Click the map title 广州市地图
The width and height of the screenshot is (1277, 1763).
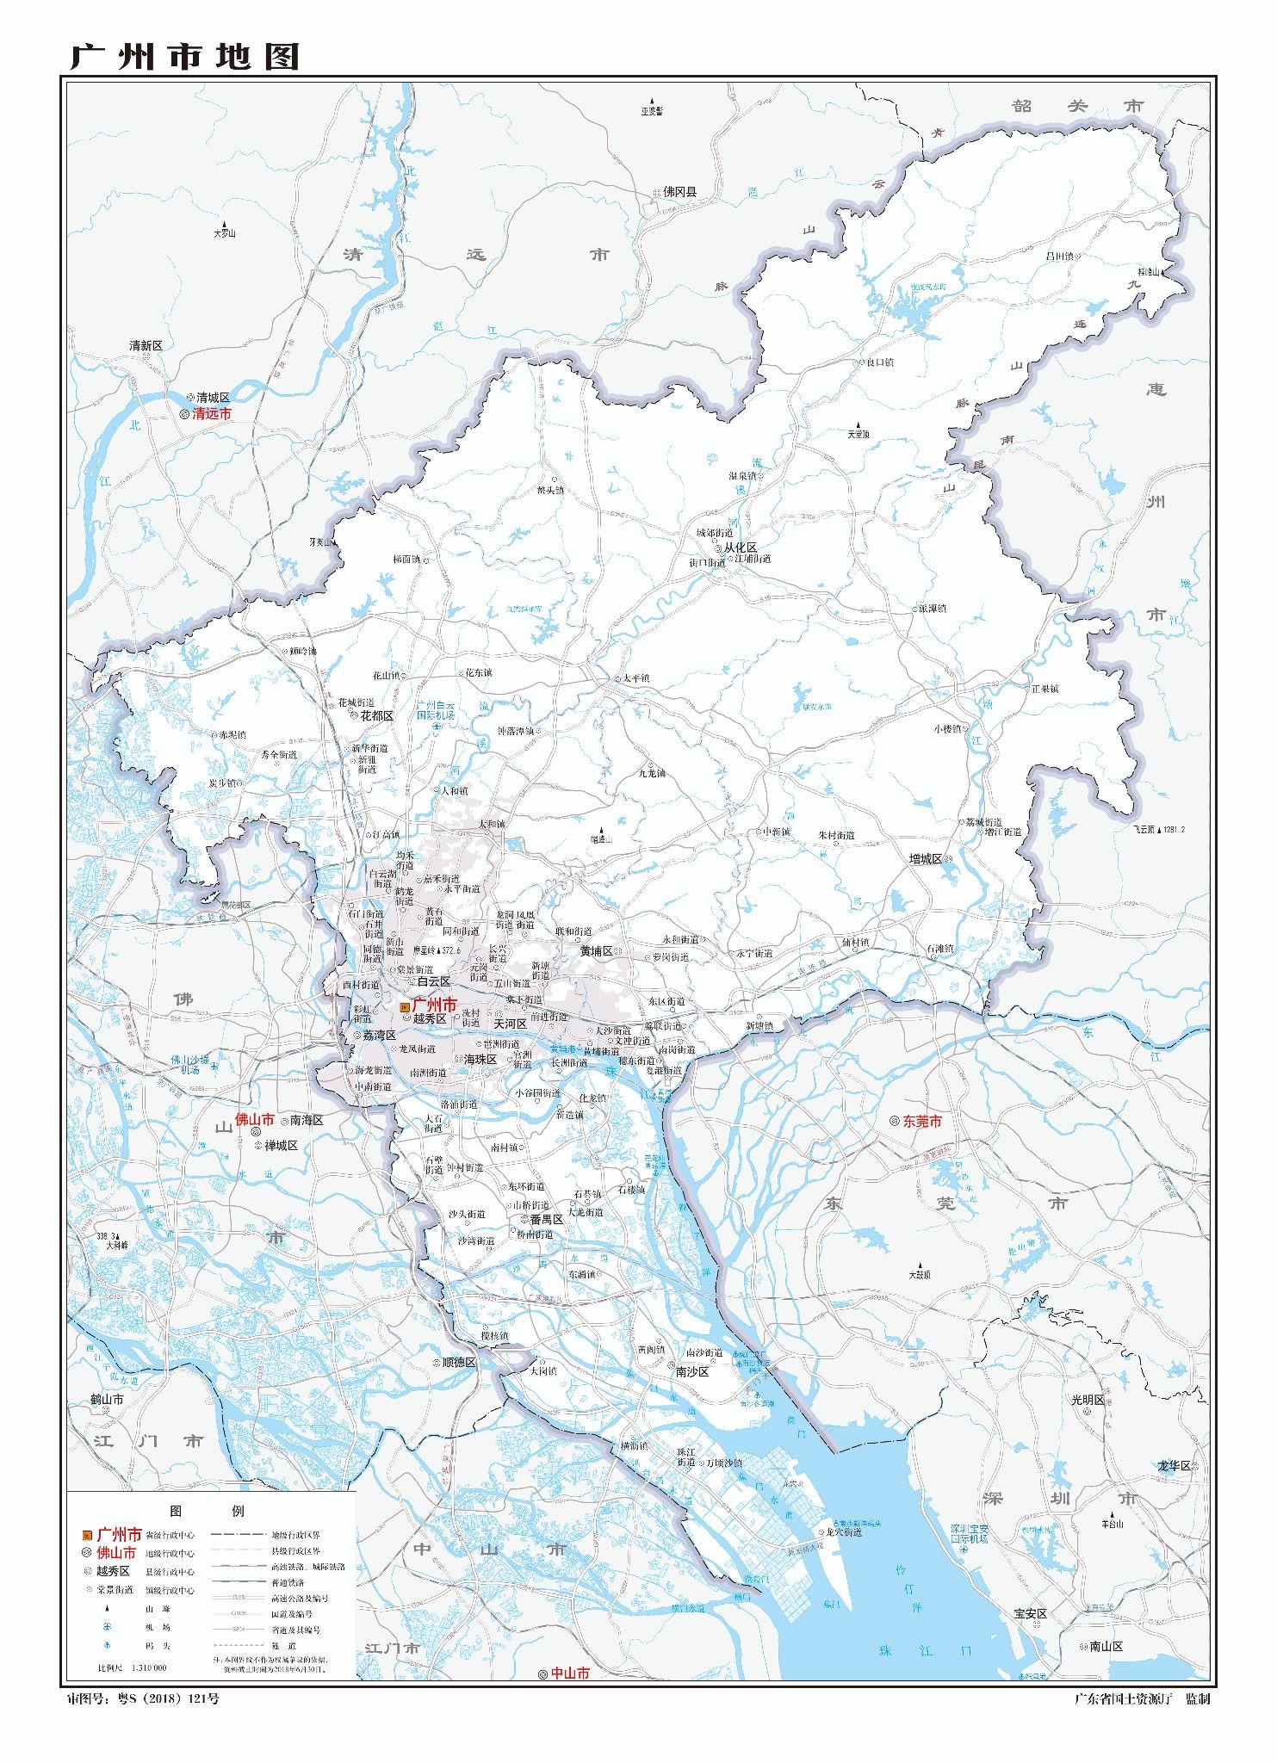click(184, 57)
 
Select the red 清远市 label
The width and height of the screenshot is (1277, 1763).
click(212, 414)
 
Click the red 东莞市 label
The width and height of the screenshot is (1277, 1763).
click(921, 1122)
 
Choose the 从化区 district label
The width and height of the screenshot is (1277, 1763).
click(739, 547)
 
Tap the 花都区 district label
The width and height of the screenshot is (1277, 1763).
click(376, 715)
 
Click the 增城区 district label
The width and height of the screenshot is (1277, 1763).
click(927, 859)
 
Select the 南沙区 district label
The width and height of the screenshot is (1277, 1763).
click(691, 1371)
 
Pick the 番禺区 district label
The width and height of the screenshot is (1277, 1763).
click(546, 1220)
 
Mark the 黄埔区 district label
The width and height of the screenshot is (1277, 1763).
click(595, 951)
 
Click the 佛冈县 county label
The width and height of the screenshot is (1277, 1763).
click(679, 193)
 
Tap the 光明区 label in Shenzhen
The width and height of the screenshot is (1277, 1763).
click(1088, 1400)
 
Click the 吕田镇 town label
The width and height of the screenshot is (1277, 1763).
click(1059, 256)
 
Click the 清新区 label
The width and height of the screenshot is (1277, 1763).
click(146, 345)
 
